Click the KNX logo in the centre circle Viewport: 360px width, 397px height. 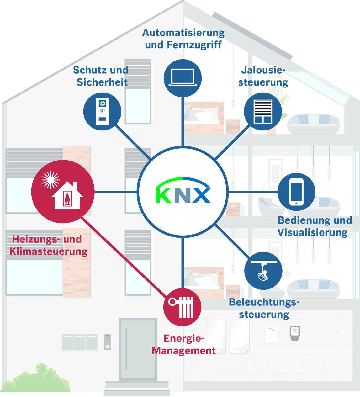183,190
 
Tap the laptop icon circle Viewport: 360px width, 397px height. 183,78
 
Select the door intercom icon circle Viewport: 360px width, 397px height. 102,111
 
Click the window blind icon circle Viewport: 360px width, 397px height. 263,111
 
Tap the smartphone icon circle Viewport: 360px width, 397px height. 296,192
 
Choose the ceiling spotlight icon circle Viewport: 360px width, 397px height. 263,271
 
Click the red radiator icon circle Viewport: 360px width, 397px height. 182,307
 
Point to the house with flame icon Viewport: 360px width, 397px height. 67,196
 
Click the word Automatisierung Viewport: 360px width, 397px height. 183,33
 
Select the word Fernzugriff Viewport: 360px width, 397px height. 194,45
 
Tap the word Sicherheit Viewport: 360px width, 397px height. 102,82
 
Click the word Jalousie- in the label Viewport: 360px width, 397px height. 263,70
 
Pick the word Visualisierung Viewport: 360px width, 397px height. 312,232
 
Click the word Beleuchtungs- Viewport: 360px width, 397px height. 264,302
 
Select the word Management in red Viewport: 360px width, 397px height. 184,351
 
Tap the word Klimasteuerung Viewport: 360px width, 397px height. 49,251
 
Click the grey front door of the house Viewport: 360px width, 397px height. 138,350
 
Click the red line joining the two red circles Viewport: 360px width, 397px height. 124,257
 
